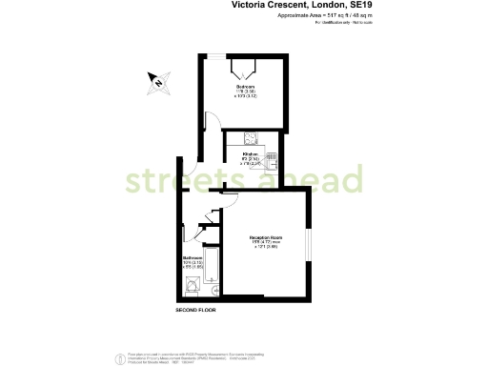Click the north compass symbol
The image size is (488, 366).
158,81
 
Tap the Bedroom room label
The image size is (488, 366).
245,87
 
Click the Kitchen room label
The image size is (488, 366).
251,153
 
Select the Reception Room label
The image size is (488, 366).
265,236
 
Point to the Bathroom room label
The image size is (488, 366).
193,258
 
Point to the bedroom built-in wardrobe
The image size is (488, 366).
244,71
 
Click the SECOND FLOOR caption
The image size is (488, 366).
195,312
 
